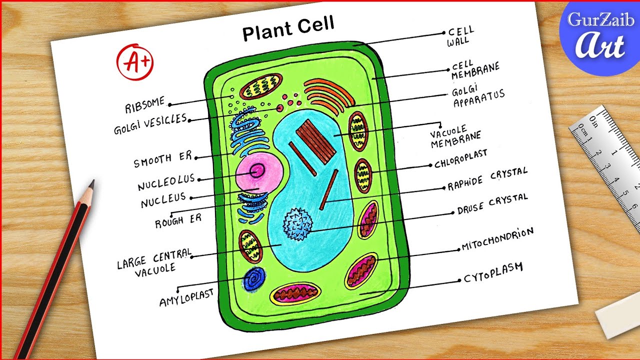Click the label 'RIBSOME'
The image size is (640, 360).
(x=145, y=105)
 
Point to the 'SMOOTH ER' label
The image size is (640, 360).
(x=162, y=160)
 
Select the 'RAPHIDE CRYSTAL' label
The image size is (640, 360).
(x=487, y=179)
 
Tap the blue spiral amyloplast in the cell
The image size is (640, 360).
(x=255, y=278)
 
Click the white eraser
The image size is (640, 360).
(x=617, y=312)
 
